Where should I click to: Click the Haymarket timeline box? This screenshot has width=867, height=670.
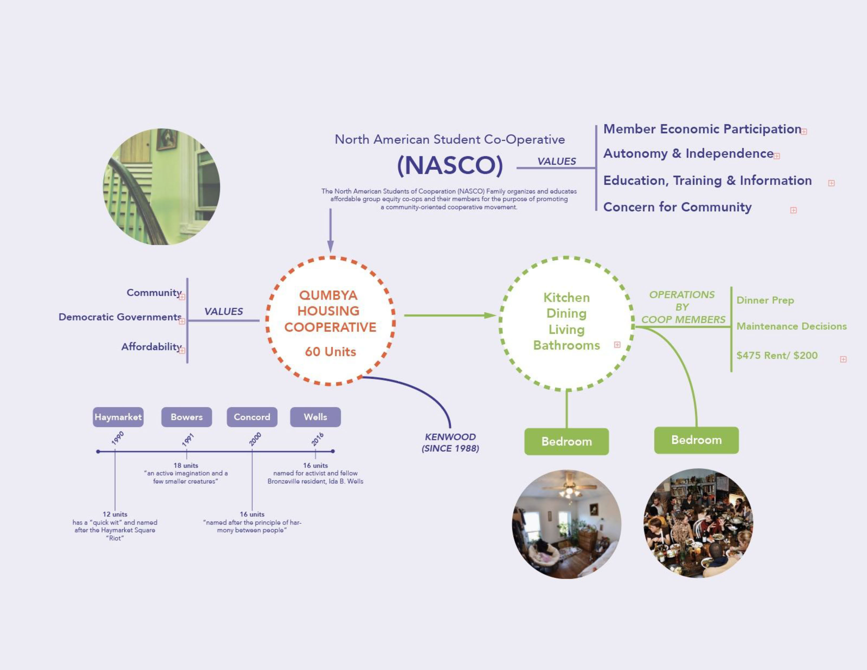(x=118, y=417)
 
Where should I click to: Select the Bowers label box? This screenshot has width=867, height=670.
(x=186, y=417)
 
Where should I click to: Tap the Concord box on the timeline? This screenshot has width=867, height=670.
(x=252, y=417)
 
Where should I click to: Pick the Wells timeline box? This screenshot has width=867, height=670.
(x=315, y=417)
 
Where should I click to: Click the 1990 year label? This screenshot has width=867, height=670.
(x=117, y=438)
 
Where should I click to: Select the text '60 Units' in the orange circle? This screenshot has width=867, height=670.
(x=330, y=352)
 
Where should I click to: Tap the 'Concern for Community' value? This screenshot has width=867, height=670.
(x=677, y=207)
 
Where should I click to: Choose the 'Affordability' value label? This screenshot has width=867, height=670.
(x=151, y=347)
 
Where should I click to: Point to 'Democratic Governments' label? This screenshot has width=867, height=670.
(x=120, y=317)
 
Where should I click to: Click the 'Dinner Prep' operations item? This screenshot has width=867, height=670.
(x=765, y=300)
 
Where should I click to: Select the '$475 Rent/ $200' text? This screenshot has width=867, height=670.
(x=777, y=355)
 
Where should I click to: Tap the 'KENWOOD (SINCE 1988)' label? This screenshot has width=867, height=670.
(x=450, y=442)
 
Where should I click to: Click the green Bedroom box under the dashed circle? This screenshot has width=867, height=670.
(x=566, y=441)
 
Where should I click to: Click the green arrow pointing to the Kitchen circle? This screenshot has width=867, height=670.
(x=450, y=316)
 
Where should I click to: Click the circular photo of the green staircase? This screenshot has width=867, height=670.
(x=162, y=187)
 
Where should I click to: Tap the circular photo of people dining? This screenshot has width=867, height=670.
(x=698, y=523)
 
